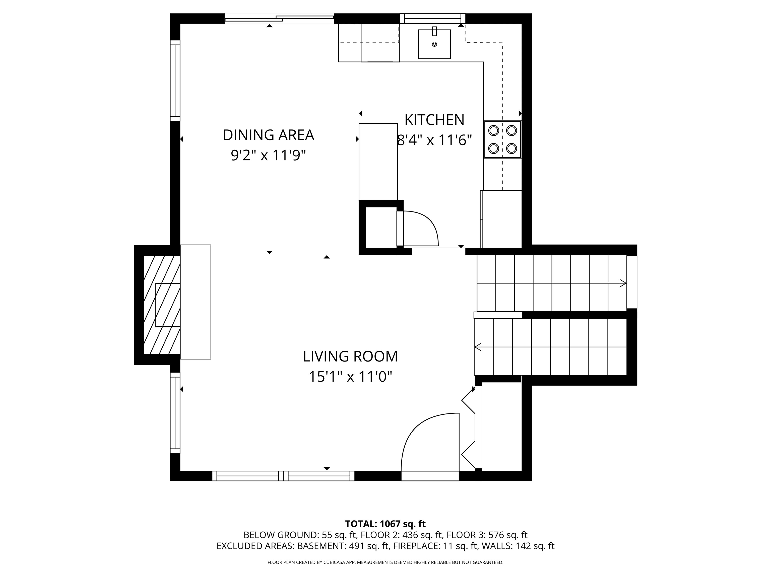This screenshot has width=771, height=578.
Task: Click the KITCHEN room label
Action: pos(434,120)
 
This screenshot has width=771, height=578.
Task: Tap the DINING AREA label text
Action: pos(268,135)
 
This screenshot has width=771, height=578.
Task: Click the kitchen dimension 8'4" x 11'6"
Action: pos(434,140)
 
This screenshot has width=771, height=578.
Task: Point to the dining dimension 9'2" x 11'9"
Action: pos(268,155)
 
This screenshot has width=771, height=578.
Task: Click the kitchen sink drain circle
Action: pos(434,44)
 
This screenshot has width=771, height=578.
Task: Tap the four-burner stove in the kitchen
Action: pos(502,139)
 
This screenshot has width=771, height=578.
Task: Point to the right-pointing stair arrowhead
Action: pos(622,283)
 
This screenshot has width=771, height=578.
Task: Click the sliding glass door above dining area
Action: pos(279,19)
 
